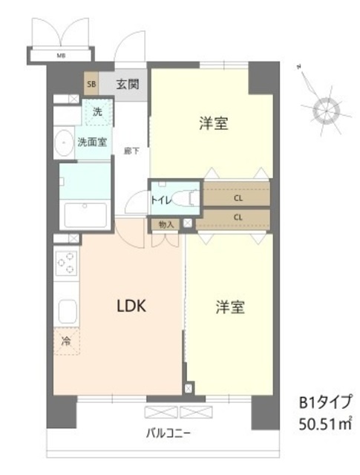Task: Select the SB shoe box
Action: (x=91, y=83)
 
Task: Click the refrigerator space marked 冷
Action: (x=66, y=343)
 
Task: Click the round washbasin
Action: (x=62, y=141)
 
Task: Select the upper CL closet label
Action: (x=238, y=198)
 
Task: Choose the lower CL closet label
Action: (x=238, y=217)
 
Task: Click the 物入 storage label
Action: (x=166, y=223)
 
